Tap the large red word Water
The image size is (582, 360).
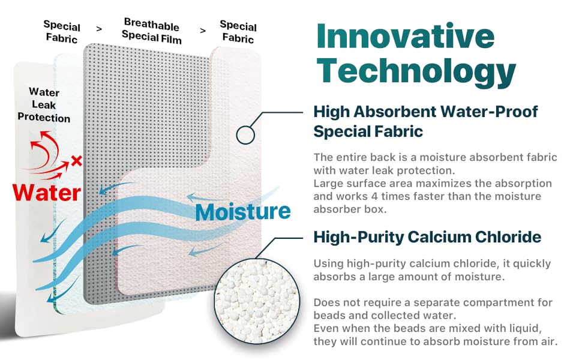point(47,192)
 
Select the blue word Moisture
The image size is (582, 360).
point(243,211)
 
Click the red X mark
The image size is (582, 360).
point(76,161)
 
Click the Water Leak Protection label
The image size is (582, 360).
point(44,105)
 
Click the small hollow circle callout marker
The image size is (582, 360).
point(245,134)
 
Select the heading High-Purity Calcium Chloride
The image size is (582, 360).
point(427,237)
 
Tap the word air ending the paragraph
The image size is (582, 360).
point(548,341)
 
